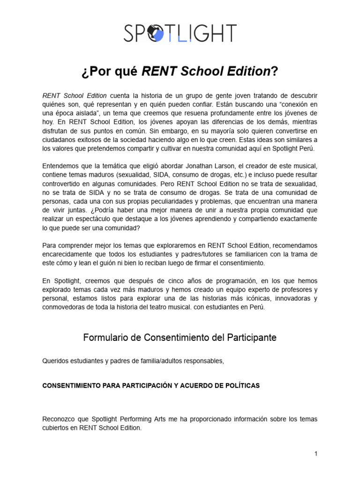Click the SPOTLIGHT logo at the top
[x=180, y=33]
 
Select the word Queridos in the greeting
[x=56, y=360]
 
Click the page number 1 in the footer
[x=316, y=453]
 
